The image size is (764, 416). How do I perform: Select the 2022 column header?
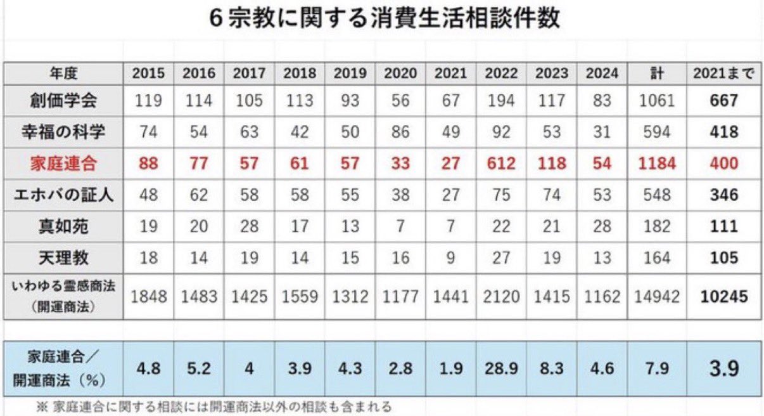point(501,74)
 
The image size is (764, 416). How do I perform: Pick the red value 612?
point(501,163)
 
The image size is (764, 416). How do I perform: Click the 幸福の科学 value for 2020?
point(400,132)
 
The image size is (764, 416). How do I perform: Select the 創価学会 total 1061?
point(658,100)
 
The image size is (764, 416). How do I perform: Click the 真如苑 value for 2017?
point(249,226)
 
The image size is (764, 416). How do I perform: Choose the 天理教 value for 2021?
point(450,257)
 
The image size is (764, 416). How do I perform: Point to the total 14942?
point(658,296)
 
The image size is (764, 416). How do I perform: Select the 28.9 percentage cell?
point(501,368)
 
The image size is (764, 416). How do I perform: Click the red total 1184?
point(658,163)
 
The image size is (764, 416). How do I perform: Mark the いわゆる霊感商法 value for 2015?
point(148,296)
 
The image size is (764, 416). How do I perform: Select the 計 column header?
point(658,74)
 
